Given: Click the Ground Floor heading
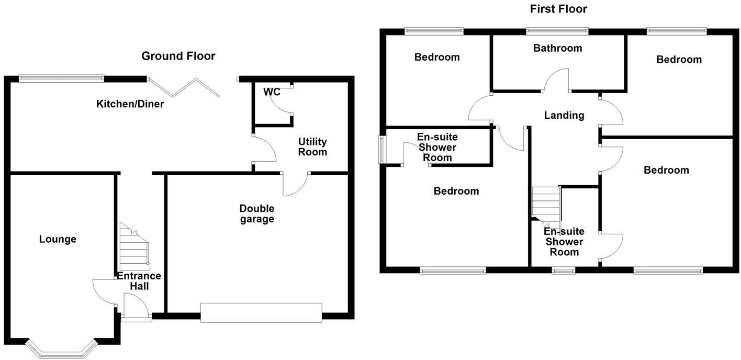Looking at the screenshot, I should click(178, 56).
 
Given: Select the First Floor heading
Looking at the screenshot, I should click(558, 9).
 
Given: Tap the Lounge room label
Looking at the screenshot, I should click(58, 239).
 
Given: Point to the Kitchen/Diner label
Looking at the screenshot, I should click(130, 104).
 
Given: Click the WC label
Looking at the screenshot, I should click(272, 92).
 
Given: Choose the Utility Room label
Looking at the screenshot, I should click(312, 147).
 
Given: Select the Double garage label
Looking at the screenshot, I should click(257, 213).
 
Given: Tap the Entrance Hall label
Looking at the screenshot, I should click(139, 281).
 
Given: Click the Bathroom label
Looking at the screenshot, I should click(557, 48).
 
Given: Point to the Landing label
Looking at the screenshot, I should click(564, 115).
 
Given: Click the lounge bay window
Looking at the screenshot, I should click(62, 349).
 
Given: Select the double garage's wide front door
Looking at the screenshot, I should click(261, 313).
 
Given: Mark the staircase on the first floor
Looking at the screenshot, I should click(546, 204).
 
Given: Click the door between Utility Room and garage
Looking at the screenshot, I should click(295, 184).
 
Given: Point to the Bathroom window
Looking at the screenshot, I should click(557, 31).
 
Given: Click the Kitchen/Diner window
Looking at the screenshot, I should click(61, 78).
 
